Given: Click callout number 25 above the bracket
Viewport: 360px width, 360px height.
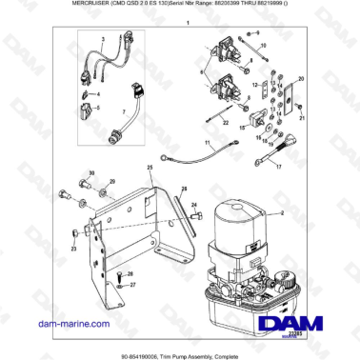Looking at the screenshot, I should pos(150,168).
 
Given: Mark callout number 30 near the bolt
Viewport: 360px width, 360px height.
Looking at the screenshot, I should pos(92,172).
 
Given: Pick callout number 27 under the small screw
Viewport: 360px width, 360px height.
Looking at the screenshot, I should pos(132,284).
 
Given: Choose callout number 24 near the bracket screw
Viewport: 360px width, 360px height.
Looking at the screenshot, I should pos(197,204).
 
